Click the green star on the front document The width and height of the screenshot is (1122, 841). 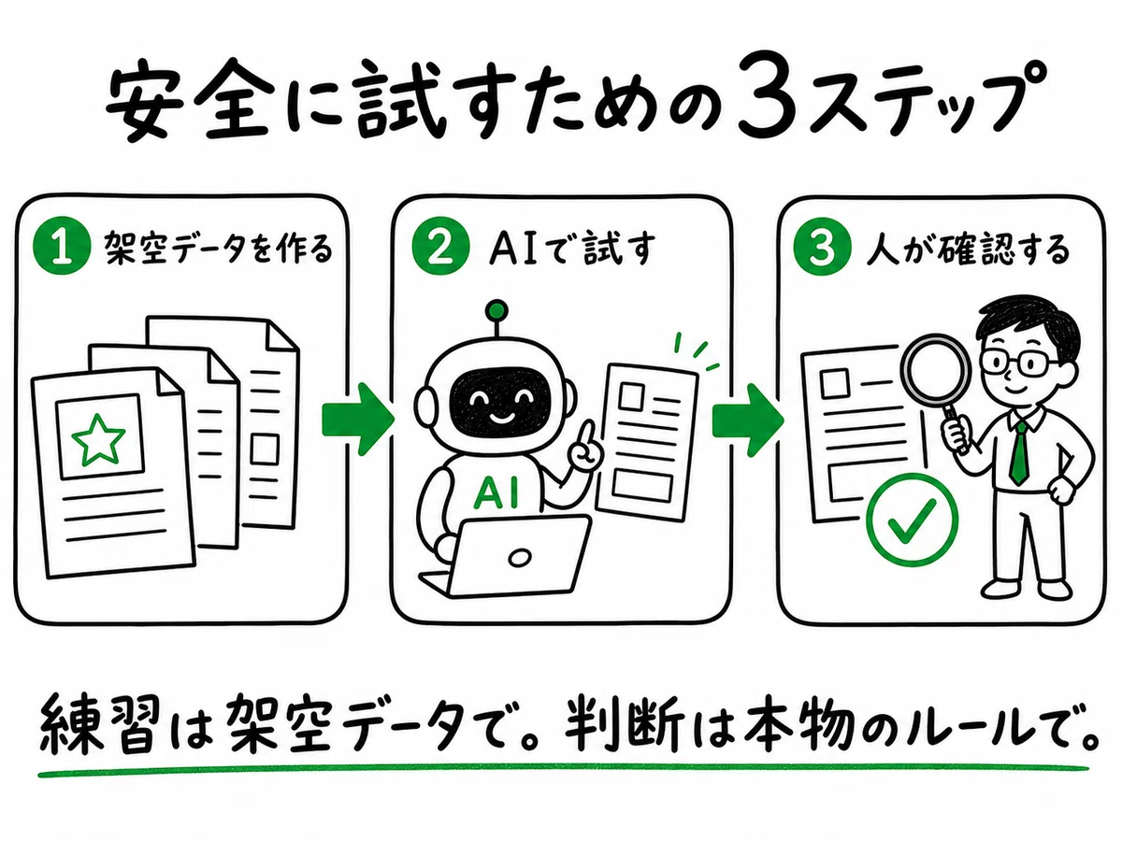98,440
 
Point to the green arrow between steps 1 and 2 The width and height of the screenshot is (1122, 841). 358,420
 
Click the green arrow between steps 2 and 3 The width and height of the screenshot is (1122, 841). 748,420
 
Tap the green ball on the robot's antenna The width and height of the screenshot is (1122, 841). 496,310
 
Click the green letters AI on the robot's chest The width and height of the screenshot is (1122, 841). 496,493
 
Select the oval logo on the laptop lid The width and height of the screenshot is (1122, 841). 519,558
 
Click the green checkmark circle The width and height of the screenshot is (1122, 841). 913,520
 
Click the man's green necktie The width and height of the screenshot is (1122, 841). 1019,453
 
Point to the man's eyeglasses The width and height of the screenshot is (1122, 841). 1015,363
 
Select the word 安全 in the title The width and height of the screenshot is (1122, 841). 189,97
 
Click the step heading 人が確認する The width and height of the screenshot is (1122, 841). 967,249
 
